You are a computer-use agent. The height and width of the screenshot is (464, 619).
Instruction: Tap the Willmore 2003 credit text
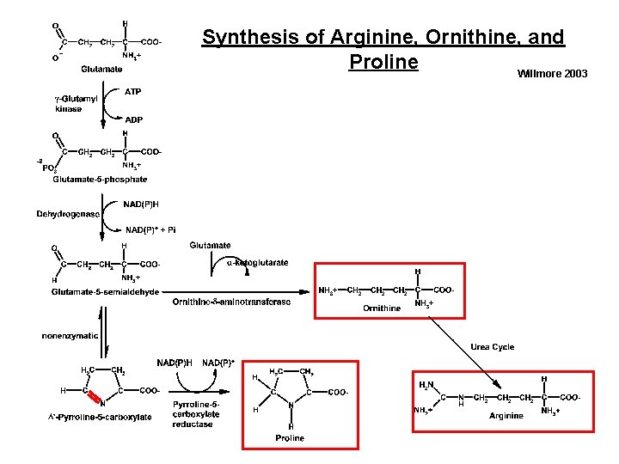click(552, 75)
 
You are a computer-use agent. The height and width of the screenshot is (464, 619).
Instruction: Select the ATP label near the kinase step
click(133, 91)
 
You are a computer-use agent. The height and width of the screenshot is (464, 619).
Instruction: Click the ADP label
click(134, 119)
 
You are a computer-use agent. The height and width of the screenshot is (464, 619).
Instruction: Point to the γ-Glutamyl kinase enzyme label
click(70, 104)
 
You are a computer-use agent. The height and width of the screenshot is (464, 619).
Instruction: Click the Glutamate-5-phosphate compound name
click(100, 180)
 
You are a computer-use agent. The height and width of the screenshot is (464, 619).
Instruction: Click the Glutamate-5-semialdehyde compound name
click(105, 292)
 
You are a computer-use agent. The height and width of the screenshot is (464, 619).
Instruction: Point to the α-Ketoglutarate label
click(257, 263)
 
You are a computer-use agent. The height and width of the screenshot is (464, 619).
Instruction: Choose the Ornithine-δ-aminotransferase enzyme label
click(231, 302)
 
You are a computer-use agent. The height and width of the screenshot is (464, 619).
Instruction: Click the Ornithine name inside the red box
click(382, 307)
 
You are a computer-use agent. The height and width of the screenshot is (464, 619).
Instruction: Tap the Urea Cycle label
click(492, 347)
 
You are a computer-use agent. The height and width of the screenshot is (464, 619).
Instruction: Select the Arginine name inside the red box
click(506, 416)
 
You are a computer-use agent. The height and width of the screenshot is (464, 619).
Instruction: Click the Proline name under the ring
click(290, 438)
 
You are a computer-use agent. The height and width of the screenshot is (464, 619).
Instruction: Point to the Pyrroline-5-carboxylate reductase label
click(196, 414)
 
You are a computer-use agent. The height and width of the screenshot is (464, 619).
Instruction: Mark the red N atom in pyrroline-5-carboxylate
click(101, 403)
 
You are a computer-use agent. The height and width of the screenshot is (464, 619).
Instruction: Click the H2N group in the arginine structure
click(427, 383)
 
